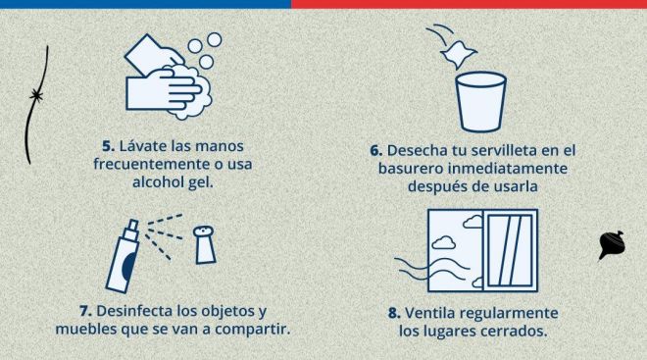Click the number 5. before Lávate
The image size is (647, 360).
pos(108,146)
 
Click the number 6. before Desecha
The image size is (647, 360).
pos(375,151)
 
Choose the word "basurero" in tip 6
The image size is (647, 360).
pos(411,169)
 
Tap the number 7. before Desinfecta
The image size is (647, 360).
pos(85,311)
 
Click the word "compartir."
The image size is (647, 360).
pos(253,329)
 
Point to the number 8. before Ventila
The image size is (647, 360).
pos(394,313)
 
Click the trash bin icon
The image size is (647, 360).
pos(480,102)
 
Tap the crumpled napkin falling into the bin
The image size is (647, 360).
pos(458,54)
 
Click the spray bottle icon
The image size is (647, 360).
pos(123,256)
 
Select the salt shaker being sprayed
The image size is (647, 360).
pos(205,244)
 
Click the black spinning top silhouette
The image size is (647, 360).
pos(612,245)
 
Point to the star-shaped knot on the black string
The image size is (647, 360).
pos(36,96)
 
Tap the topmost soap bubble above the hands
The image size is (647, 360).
pos(214,39)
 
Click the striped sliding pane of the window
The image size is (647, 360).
pos(510,250)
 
